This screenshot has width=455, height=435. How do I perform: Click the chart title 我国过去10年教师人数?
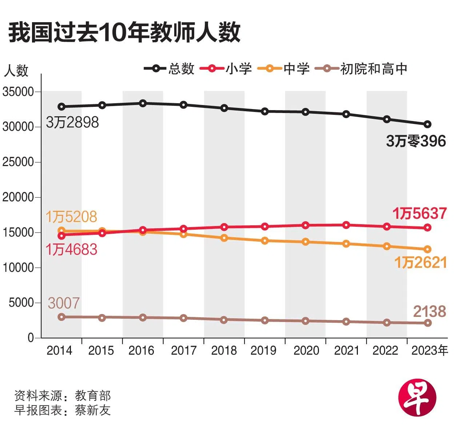tap(124, 33)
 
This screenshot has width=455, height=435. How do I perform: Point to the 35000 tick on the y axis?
tap(18, 92)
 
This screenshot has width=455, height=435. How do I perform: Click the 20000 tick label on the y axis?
tap(18, 197)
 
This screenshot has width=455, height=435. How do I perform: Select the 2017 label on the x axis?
tap(184, 351)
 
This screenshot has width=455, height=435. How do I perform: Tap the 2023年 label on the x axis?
tap(430, 351)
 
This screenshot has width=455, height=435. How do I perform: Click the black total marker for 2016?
tap(143, 104)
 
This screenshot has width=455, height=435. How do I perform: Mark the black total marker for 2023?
tap(428, 124)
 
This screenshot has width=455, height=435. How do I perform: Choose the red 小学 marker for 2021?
tap(346, 225)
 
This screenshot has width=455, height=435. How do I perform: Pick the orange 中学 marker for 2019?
tap(265, 241)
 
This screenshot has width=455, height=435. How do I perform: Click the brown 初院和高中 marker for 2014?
tap(61, 317)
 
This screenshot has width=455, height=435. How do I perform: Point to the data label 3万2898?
tap(72, 122)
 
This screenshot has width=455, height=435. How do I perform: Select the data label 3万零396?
tap(416, 141)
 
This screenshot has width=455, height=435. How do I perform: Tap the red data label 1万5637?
tap(419, 213)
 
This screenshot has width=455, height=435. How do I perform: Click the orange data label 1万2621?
tap(420, 262)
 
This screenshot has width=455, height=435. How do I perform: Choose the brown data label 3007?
tap(64, 303)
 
